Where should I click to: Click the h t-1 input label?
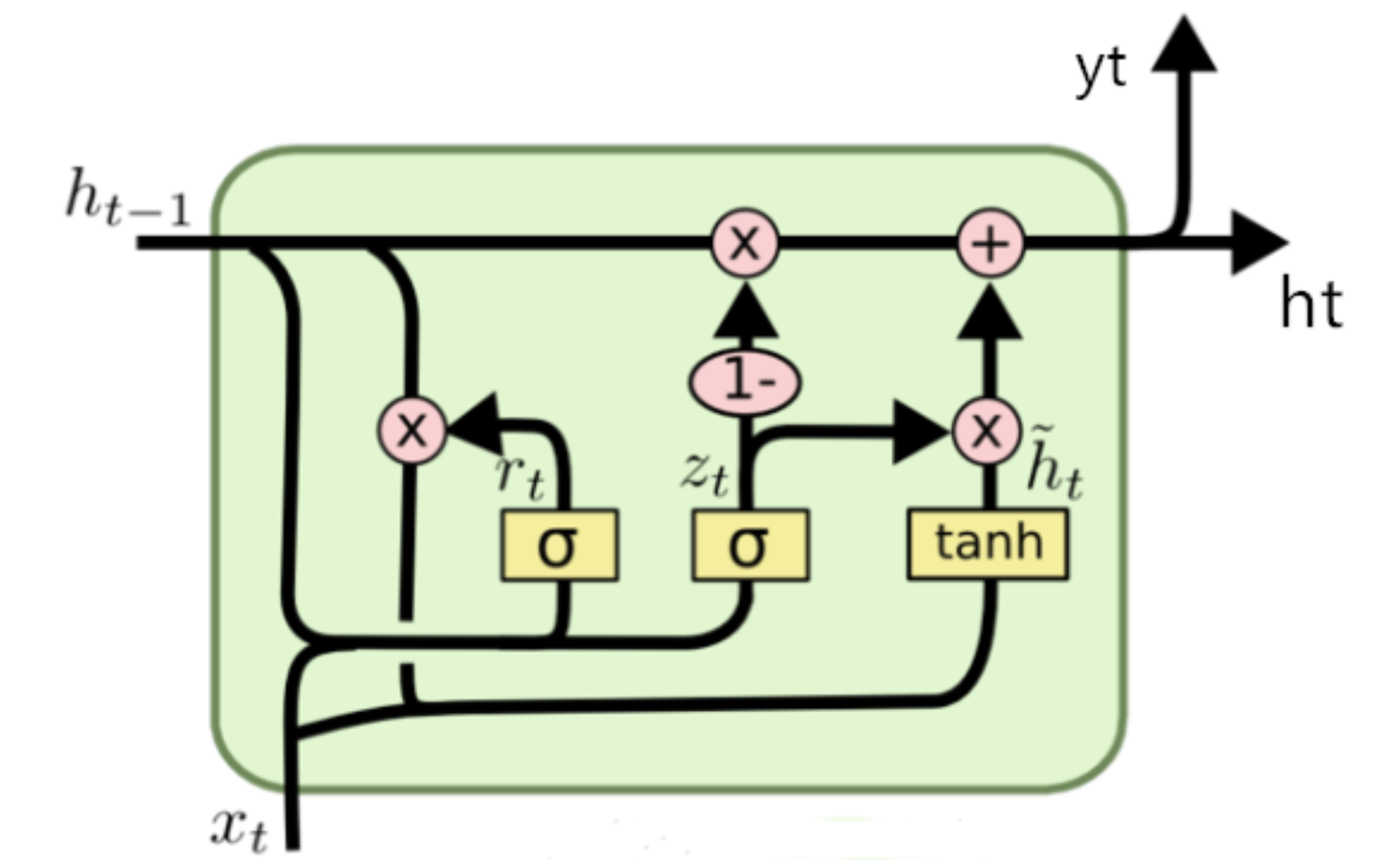128,200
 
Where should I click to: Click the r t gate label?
520,475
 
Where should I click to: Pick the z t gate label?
705,472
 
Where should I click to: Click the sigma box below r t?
560,545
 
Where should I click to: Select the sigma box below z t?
750,545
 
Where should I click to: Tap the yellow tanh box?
988,544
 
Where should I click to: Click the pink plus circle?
990,243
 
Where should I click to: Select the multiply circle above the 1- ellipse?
745,243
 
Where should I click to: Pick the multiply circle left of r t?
412,430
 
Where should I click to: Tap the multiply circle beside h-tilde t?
987,431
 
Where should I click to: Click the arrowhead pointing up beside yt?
1183,44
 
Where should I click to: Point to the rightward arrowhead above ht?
1259,242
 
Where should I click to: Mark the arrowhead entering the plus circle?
990,312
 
